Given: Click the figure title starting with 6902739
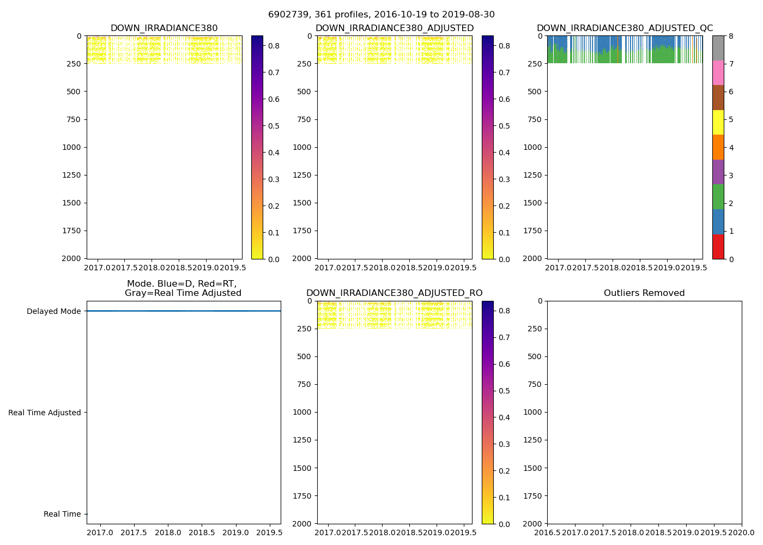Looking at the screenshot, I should [381, 15].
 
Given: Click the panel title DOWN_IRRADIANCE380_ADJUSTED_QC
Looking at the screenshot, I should [625, 28].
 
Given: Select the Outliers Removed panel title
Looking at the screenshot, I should [644, 293].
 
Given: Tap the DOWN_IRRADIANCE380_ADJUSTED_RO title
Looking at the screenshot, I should [394, 293].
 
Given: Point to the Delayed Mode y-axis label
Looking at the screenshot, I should [53, 311].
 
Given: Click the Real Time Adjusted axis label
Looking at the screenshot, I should [45, 413].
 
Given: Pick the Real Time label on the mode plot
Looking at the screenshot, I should [62, 514].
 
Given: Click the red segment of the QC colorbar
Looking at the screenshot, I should [718, 246].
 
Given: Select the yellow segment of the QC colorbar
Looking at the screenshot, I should [718, 123].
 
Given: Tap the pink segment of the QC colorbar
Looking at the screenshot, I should [718, 73].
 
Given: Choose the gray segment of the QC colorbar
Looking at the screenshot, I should [718, 48].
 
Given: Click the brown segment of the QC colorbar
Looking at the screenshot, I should [718, 98].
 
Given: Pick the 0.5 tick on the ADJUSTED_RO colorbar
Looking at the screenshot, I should [504, 391].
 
